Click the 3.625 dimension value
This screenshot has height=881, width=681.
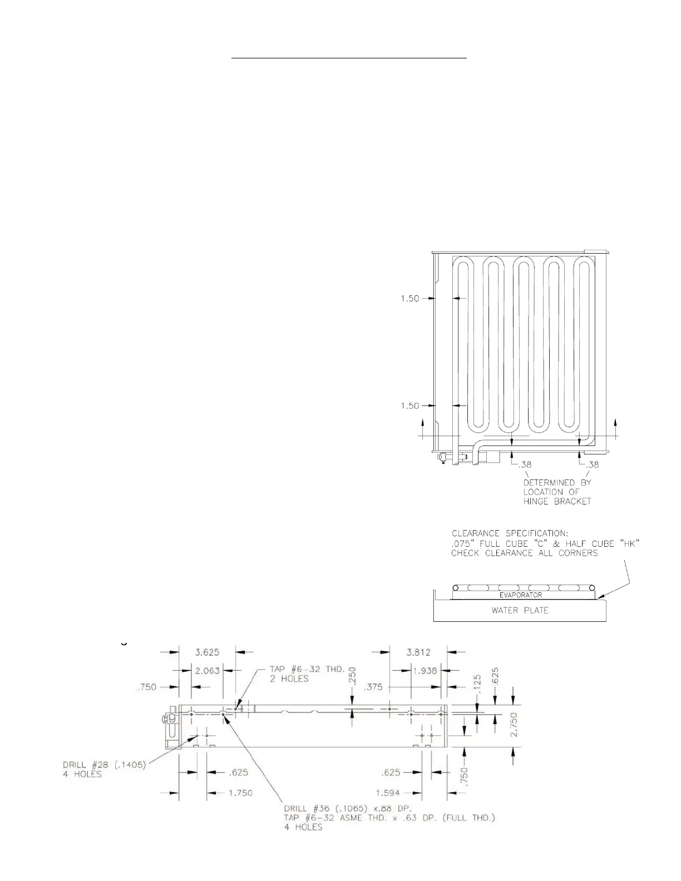coord(207,651)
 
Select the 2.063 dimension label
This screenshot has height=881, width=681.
coord(207,670)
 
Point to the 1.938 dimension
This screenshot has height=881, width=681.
coord(426,670)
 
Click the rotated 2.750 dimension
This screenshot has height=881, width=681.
coord(513,725)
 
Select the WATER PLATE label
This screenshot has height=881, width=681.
coord(520,610)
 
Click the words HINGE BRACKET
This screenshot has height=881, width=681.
coord(557,501)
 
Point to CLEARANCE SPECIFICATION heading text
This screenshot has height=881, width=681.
coord(510,533)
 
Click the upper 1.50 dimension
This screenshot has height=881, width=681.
coord(410,299)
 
